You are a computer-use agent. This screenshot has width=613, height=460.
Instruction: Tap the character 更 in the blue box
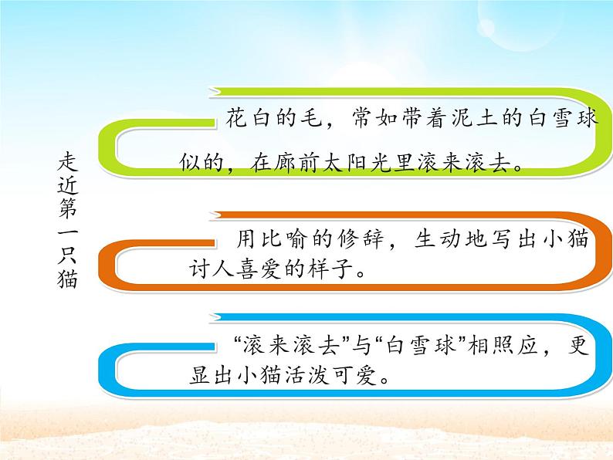[x=578, y=343]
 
